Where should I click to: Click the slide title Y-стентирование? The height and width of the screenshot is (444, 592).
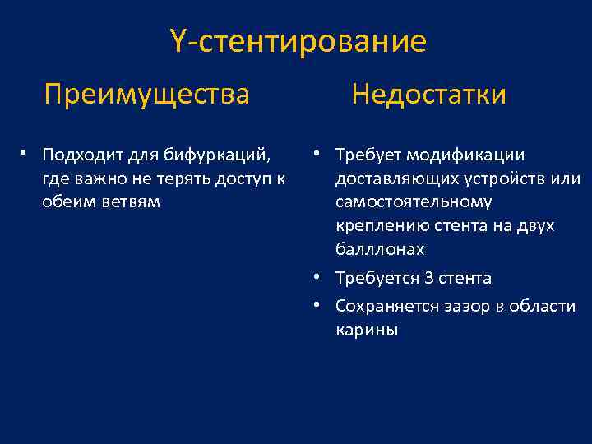pos(298,41)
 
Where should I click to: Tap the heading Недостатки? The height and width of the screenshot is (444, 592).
pos(428,95)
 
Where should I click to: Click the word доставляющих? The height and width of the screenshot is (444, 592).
pos(394,179)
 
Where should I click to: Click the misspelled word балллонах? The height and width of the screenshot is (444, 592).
pos(380,249)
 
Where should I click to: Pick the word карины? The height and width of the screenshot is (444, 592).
pos(366,331)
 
